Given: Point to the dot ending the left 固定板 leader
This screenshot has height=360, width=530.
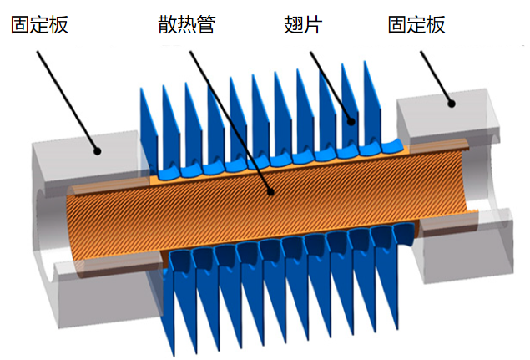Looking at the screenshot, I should [x=98, y=152].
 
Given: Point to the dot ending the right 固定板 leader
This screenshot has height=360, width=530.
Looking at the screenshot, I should [x=452, y=104].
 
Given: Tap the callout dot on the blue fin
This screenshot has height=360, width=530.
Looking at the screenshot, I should [x=351, y=122].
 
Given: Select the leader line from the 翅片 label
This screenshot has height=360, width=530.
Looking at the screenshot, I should [x=331, y=88].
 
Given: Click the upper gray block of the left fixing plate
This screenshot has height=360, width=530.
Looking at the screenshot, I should [x=83, y=159].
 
